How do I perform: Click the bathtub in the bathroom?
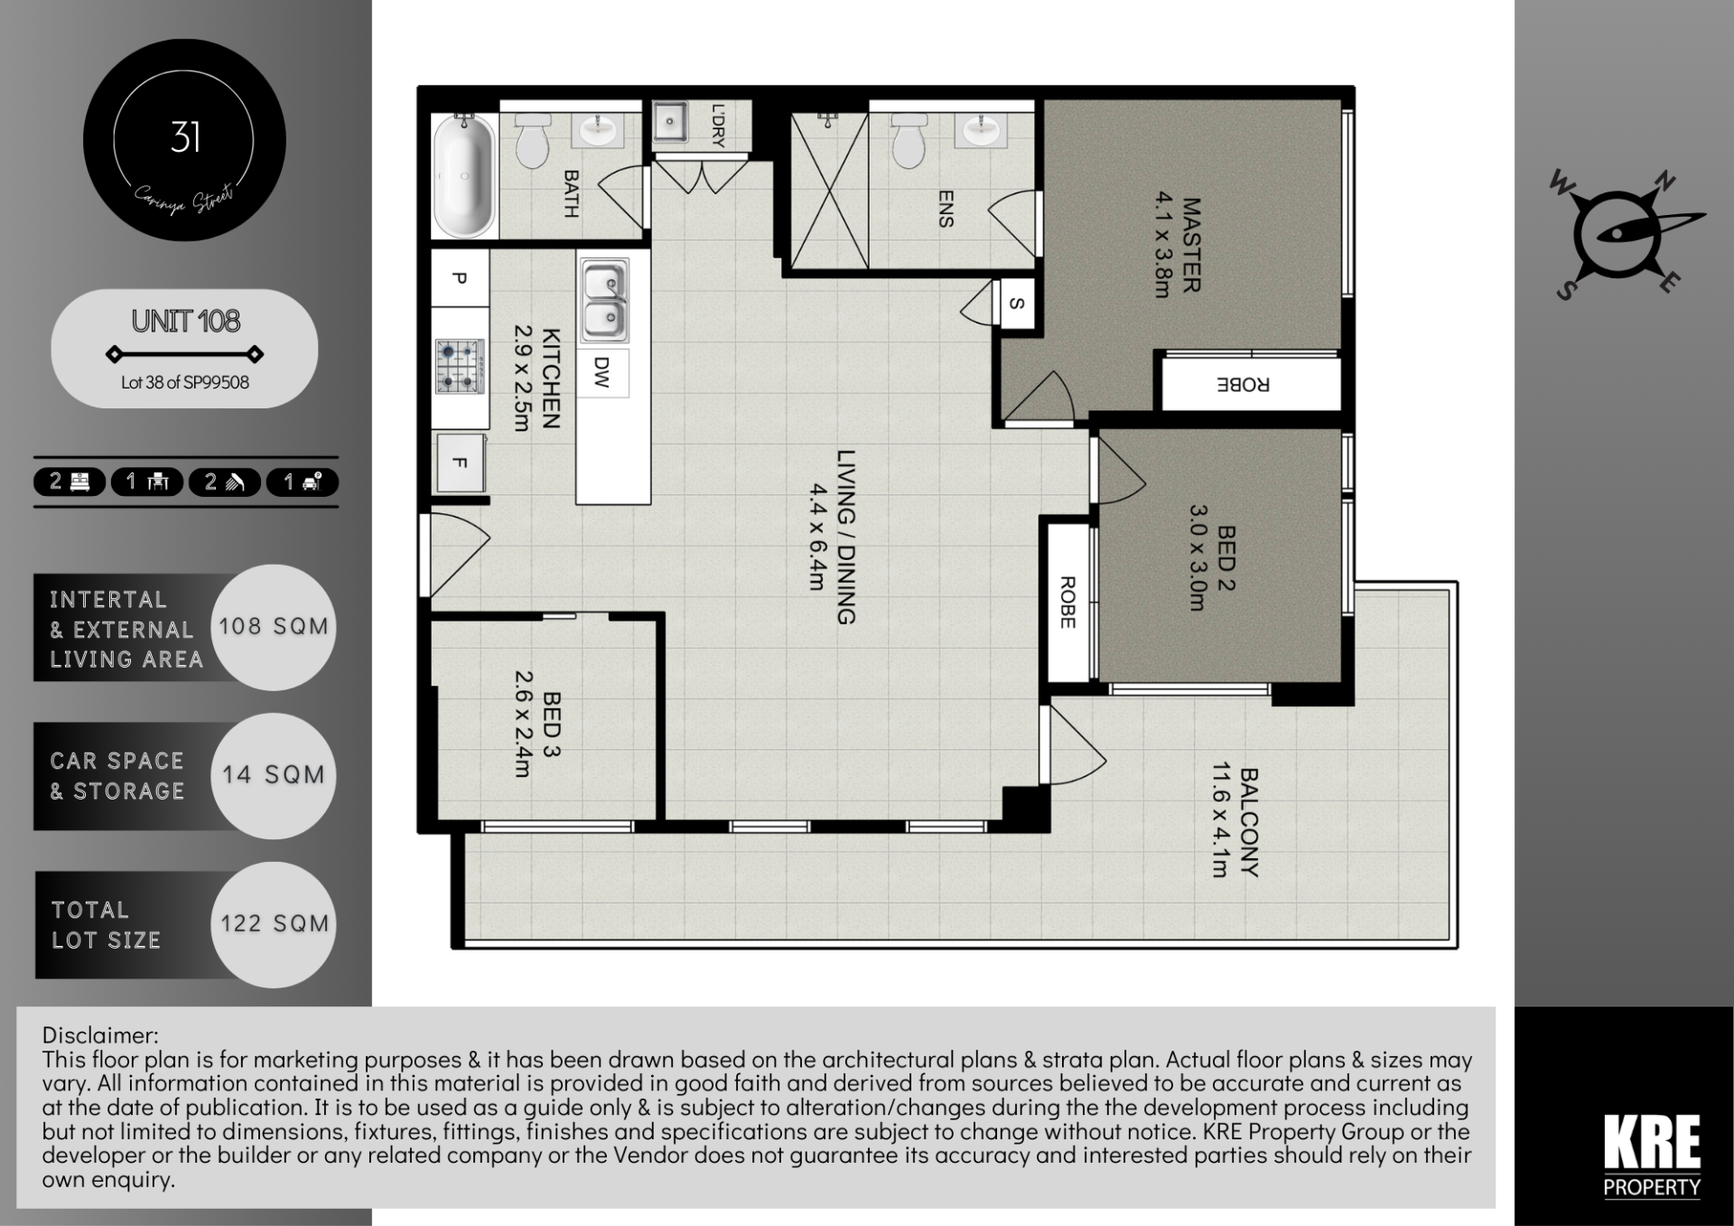pos(465,175)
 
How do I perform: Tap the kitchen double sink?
pos(603,301)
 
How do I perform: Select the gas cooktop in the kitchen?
pos(459,366)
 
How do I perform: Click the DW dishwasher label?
pos(602,371)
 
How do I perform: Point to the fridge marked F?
pos(460,463)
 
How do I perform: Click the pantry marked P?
pos(460,278)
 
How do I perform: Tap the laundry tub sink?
pos(670,121)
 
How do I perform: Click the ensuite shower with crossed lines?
pos(829,191)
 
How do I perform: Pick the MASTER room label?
pos(1191,246)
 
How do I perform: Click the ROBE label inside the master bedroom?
pos(1244,385)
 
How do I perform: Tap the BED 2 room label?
pos(1226,558)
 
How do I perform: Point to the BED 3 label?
pos(551,725)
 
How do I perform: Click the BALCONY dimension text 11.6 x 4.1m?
pos(1220,819)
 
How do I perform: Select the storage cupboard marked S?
pos(1017,304)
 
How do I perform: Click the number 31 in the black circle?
pos(185,137)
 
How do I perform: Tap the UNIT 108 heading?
pos(185,321)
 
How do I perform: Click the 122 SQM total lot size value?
pos(275,923)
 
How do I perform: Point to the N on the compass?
pos(1664,182)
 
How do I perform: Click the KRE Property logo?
pos(1652,1156)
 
